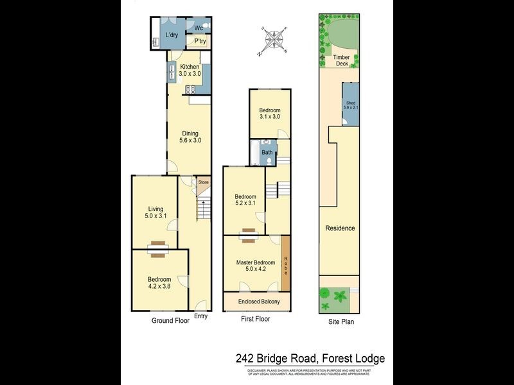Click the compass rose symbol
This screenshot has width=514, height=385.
pos(275,40)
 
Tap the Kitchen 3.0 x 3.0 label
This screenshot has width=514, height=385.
pos(190,71)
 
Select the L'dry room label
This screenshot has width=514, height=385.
pos(171,35)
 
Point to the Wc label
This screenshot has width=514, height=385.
pos(199,28)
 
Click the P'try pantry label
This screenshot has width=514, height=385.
pos(200,42)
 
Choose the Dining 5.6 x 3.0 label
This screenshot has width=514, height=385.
pos(190,137)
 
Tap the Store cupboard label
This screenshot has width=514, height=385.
pos(203,183)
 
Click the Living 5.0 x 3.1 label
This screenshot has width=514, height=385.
pos(155,212)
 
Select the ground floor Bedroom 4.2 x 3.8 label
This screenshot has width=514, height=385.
pos(159,283)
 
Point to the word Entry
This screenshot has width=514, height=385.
pos(200,316)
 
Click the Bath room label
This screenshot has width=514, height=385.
pos(267,153)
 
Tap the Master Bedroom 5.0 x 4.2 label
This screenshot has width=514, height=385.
pos(256,265)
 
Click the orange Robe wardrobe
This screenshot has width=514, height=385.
pos(285,262)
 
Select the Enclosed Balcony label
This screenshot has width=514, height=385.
pos(256,301)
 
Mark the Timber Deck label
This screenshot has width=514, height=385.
pos(341,60)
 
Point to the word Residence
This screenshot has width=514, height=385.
pos(340,228)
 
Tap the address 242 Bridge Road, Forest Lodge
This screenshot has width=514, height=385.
pos(310,359)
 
